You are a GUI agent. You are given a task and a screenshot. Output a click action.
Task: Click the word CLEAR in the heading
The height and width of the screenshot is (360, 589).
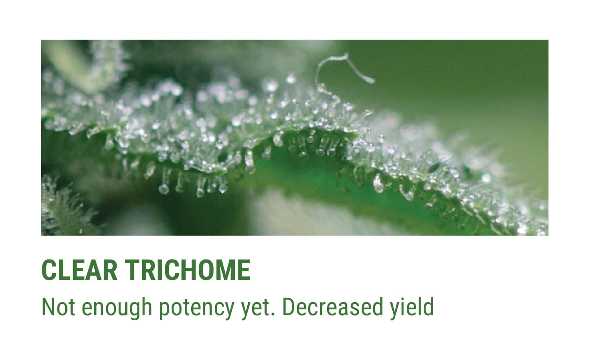tap(79, 270)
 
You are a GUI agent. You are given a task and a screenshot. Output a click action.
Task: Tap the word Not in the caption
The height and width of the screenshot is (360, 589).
tap(58, 307)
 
